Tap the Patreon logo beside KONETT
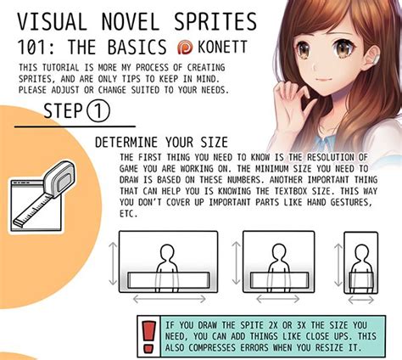click(x=184, y=47)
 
